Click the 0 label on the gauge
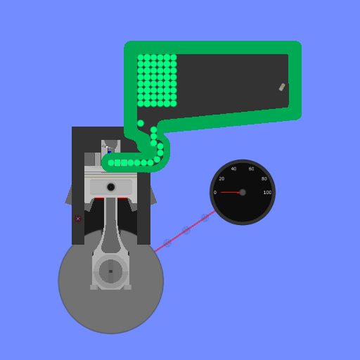pyautogui.click(x=215, y=193)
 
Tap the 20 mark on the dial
pyautogui.click(x=221, y=179)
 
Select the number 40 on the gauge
pyautogui.click(x=233, y=169)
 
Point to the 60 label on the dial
pyautogui.click(x=251, y=169)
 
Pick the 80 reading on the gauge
pyautogui.click(x=264, y=179)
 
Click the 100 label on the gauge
pyautogui.click(x=267, y=193)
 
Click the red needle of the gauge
pyautogui.click(x=230, y=192)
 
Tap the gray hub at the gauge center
pyautogui.click(x=243, y=193)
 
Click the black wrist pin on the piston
pyautogui.click(x=111, y=187)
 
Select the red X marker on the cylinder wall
pyautogui.click(x=78, y=219)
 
